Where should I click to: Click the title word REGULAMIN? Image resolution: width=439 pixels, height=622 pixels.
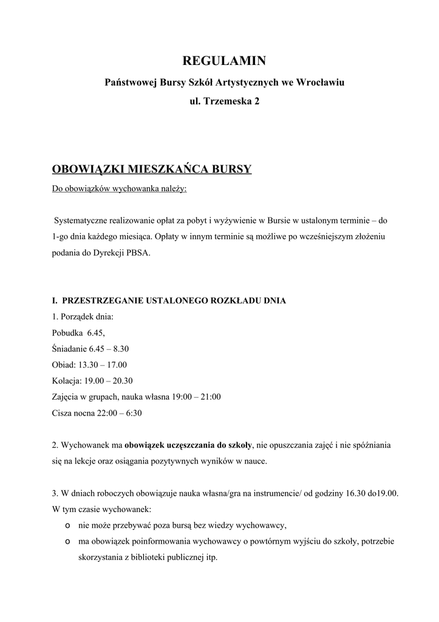[224, 61]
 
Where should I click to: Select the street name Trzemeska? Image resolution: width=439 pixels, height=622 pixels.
[228, 101]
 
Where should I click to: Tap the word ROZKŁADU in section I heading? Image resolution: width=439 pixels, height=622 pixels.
[230, 301]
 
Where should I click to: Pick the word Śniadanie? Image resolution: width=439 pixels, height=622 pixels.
[70, 349]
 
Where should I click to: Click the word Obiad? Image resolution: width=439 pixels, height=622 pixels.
[63, 365]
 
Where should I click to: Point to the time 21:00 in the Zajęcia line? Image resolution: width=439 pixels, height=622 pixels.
[210, 397]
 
